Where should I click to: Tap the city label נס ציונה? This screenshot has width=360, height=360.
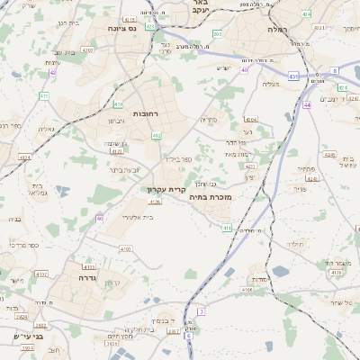click(121, 29)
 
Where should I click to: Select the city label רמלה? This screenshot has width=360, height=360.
click(275, 29)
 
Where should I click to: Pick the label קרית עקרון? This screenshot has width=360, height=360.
click(166, 190)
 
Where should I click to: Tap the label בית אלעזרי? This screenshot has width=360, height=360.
click(137, 217)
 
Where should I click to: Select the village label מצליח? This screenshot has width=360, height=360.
click(270, 84)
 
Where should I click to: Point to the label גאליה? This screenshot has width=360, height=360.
click(47, 129)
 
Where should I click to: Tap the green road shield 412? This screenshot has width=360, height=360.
click(156, 136)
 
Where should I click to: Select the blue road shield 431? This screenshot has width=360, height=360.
click(294, 76)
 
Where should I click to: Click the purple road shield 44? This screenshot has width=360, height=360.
click(306, 104)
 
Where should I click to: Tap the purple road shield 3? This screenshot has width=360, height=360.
click(202, 310)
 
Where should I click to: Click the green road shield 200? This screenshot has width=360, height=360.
click(217, 33)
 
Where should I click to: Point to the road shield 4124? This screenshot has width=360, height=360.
click(24, 157)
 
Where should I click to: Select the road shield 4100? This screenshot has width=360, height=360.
click(125, 248)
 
